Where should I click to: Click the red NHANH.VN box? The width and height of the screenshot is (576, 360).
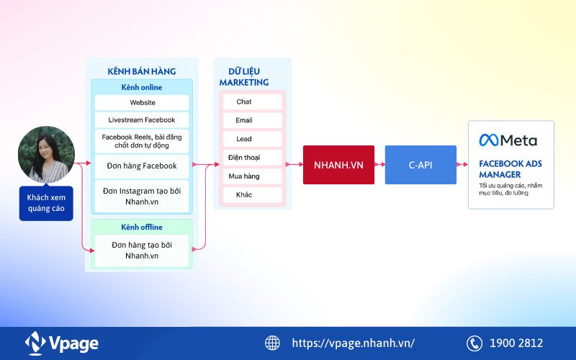coord(338,165)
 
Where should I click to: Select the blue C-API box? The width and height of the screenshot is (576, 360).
coord(420,165)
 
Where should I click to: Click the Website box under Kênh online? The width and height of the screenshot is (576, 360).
coord(142,102)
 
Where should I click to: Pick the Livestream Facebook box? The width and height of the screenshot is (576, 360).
coord(142,120)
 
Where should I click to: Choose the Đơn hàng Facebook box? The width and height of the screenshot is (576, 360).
coord(142,166)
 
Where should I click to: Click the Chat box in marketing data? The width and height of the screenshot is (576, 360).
coord(244,102)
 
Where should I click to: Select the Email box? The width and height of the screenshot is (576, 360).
coord(244,120)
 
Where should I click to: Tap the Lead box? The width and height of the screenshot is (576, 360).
coord(244,139)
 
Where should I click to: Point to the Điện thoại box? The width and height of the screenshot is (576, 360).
coord(244,157)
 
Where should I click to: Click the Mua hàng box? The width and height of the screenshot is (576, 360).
coord(244,176)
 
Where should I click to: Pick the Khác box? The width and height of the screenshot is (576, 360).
coord(244,194)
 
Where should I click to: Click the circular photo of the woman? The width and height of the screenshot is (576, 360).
coord(46,154)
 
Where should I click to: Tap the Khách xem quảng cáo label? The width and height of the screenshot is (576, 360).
coord(46,203)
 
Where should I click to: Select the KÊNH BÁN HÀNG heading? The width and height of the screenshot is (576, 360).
coord(141,71)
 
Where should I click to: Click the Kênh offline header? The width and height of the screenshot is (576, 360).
coord(142,227)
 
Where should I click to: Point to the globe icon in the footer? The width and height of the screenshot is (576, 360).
coord(272,343)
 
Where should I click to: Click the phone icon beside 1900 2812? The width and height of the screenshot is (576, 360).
coord(474,343)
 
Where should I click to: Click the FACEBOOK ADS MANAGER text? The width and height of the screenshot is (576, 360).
coord(510,168)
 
